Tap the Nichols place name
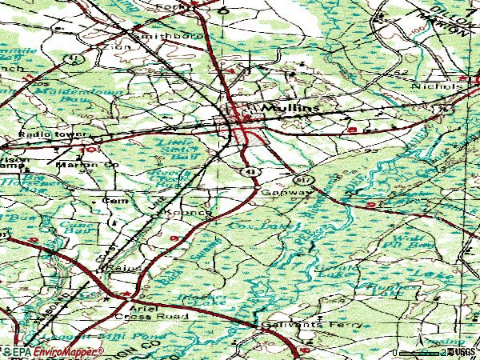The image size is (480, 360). click(437, 86)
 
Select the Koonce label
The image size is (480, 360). click(193, 214)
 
